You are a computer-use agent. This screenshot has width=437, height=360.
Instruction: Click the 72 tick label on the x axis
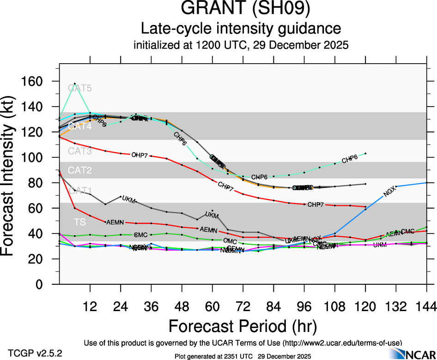[x=243, y=306]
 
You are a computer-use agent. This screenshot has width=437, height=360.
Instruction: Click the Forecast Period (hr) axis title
[x=243, y=326]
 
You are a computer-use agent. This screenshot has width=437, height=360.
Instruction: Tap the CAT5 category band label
[x=80, y=88]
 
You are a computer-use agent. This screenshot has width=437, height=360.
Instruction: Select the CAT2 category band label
[x=80, y=171]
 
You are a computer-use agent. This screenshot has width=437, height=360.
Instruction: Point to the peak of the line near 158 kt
[x=74, y=84]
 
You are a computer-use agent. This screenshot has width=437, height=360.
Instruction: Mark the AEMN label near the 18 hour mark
[x=115, y=222]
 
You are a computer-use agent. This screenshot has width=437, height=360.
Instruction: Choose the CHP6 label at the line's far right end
[x=350, y=160]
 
